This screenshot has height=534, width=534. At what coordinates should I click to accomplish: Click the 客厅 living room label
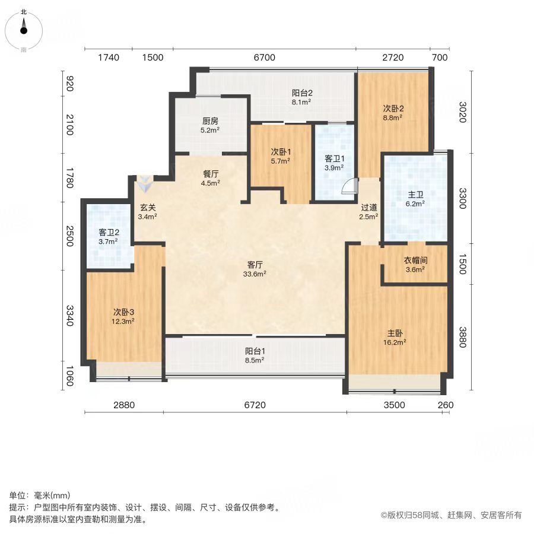click(255, 265)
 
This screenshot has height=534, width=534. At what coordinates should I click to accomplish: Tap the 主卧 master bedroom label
click(395, 333)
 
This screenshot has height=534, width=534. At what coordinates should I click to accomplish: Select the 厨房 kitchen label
click(210, 121)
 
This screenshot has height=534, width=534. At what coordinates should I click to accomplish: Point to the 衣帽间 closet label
click(415, 260)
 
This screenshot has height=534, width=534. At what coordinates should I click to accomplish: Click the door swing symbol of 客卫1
click(349, 186)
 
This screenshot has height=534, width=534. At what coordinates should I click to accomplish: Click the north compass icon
click(24, 30)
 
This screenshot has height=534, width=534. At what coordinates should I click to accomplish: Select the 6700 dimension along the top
click(265, 57)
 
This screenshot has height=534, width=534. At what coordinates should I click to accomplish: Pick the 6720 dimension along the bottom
click(255, 405)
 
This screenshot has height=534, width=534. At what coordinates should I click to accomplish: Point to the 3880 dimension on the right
click(462, 337)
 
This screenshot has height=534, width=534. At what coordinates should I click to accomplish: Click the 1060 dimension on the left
click(69, 376)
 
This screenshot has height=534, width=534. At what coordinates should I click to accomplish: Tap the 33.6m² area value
click(255, 274)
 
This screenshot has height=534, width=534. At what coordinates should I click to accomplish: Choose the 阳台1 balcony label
click(255, 351)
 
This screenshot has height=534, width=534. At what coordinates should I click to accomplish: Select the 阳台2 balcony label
click(302, 93)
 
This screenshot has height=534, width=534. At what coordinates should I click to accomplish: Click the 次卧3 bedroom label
click(123, 312)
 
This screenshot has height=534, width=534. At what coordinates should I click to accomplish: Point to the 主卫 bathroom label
click(415, 195)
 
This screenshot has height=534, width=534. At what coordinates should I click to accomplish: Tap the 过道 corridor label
click(369, 208)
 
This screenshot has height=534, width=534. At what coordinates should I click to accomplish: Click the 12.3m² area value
click(123, 321)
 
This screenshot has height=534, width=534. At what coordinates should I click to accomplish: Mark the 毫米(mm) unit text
click(52, 495)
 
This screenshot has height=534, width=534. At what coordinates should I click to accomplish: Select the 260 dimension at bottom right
click(446, 405)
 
